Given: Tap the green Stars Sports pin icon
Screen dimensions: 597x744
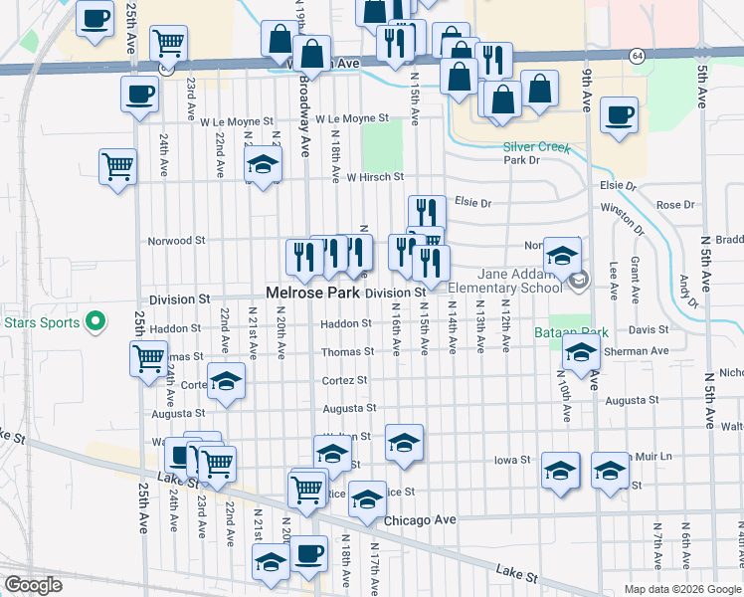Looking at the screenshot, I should [95, 320].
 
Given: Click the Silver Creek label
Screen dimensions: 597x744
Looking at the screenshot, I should [536, 147].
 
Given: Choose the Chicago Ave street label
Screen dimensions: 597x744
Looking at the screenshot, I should [419, 519].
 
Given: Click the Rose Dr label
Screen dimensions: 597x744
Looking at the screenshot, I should [675, 205].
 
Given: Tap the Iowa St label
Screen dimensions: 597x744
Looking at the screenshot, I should [513, 461].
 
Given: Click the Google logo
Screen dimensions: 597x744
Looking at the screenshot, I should [34, 584].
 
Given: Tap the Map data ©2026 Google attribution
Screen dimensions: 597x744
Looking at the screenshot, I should [682, 589].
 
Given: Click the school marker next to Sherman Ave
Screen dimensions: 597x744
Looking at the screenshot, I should [580, 351].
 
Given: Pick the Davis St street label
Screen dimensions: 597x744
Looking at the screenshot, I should [649, 329].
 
